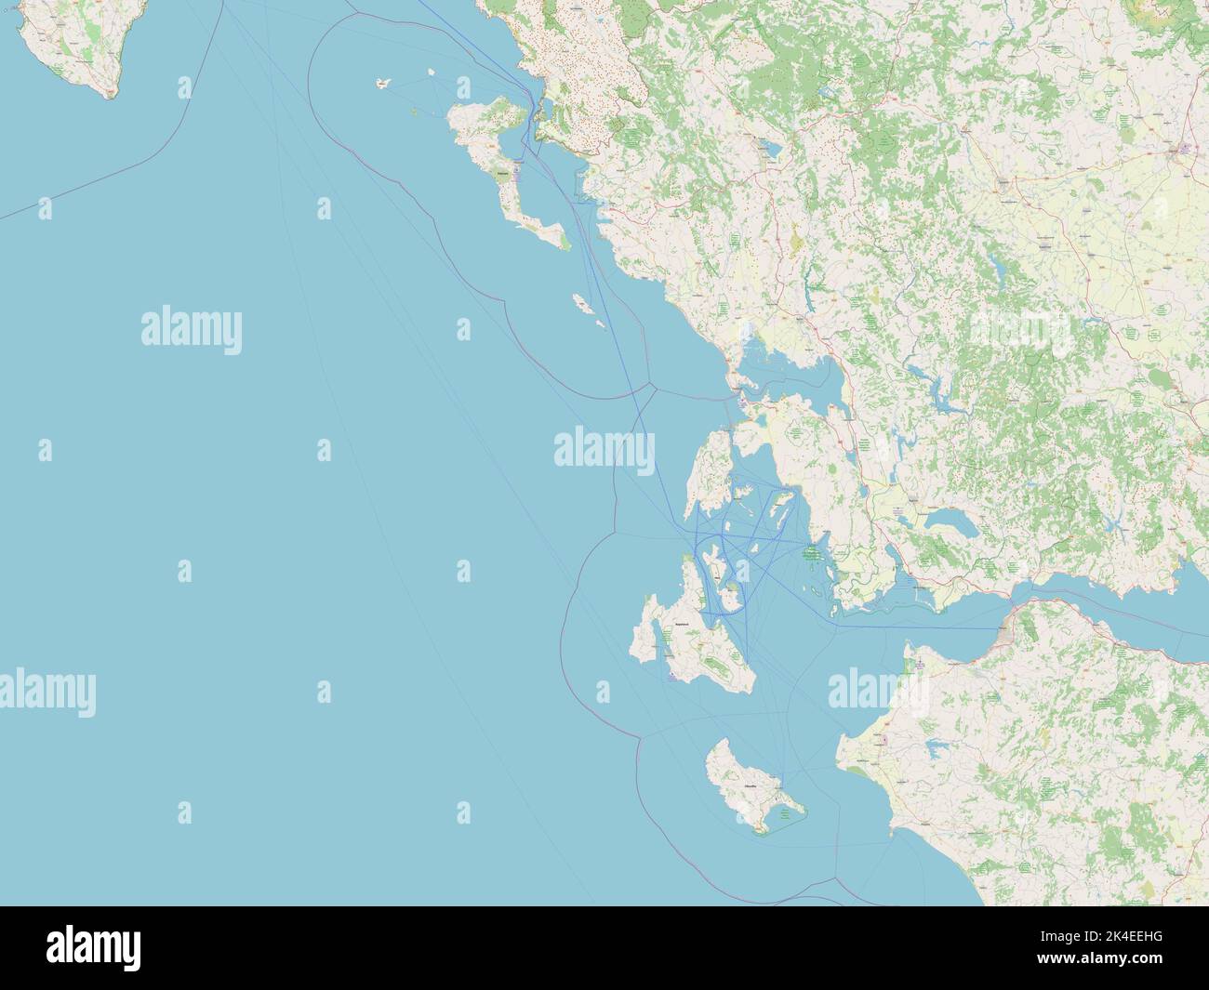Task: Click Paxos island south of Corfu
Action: [x=579, y=302]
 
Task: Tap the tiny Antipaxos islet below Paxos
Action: [x=601, y=324]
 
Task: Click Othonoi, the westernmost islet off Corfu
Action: [x=382, y=84]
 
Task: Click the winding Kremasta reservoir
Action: [x=935, y=390]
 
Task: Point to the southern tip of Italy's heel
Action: [x=110, y=94]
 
